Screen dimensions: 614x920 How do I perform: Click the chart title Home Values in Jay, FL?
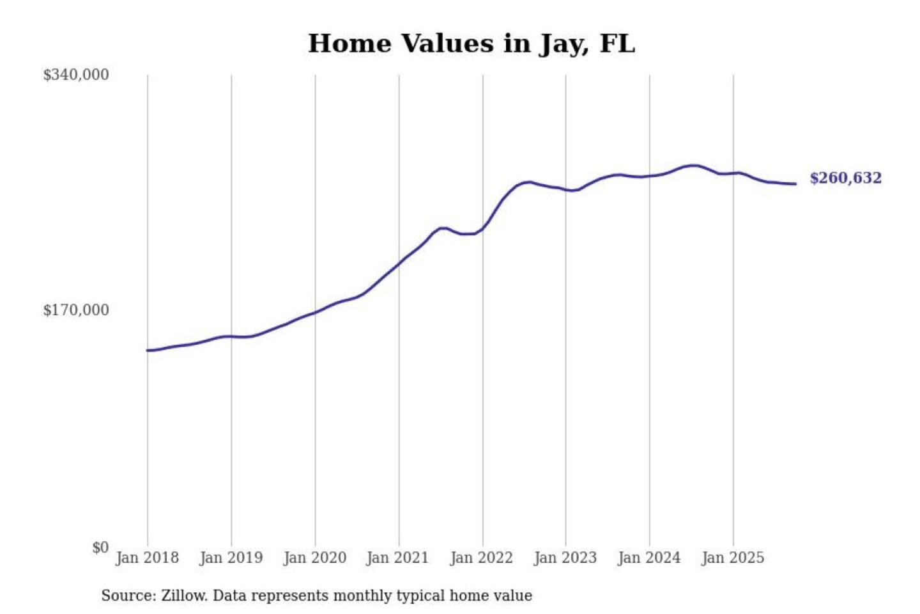click(471, 43)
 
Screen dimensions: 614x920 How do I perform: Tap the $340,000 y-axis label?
click(76, 75)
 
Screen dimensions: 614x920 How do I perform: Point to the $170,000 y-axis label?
click(76, 310)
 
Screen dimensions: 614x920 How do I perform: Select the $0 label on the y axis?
click(100, 547)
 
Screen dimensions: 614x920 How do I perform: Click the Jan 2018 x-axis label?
click(147, 558)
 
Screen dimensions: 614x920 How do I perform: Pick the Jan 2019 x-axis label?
click(231, 558)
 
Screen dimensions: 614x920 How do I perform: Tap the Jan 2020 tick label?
click(314, 558)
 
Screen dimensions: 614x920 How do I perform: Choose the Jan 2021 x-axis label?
click(397, 558)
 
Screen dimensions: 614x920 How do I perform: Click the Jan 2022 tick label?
click(481, 558)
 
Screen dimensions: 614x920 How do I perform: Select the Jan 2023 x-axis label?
click(565, 558)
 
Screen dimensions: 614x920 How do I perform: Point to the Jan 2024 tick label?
click(648, 558)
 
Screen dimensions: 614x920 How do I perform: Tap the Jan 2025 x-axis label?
click(732, 558)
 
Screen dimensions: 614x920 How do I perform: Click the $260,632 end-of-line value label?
click(845, 178)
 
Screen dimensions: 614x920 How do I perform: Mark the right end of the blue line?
click(795, 184)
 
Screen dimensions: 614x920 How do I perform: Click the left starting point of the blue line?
click(148, 350)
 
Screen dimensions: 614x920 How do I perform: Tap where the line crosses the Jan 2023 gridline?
click(565, 189)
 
